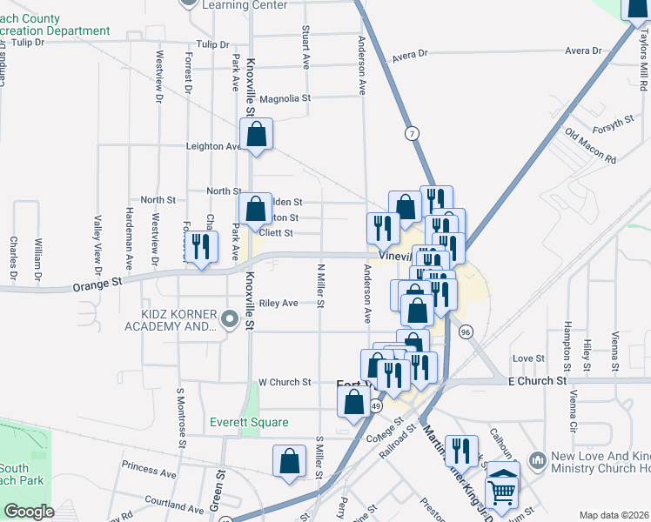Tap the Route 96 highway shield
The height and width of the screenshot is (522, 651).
tap(466, 331)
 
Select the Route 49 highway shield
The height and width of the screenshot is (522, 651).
tap(375, 405)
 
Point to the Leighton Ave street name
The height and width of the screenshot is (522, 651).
tap(214, 146)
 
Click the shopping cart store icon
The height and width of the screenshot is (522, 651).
tap(503, 490)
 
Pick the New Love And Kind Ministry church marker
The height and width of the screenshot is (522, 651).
tap(536, 458)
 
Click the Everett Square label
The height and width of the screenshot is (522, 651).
tap(249, 422)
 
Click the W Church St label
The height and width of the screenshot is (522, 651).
tap(285, 382)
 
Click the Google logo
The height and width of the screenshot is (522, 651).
tap(29, 512)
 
